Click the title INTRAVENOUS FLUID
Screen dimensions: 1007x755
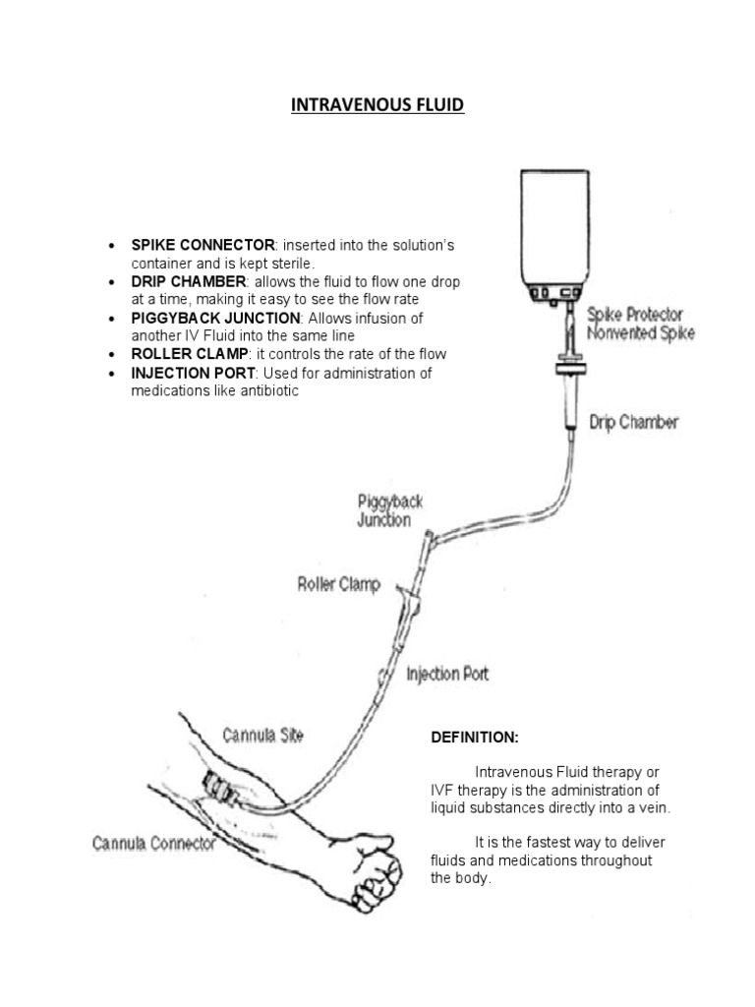[x=377, y=104]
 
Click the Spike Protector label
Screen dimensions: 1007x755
[x=634, y=315]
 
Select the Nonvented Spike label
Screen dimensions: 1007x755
[x=640, y=333]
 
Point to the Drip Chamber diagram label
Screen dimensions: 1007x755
[x=633, y=423]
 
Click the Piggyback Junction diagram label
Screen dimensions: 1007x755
[x=390, y=510]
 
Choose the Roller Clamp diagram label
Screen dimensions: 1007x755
[x=338, y=583]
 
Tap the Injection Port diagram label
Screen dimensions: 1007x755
[x=447, y=674]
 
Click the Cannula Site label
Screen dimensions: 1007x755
[x=262, y=735]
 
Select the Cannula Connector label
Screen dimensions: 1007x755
[x=154, y=843]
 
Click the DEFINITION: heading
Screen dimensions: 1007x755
[x=475, y=738]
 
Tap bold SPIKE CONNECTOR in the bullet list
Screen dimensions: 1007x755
[x=203, y=245]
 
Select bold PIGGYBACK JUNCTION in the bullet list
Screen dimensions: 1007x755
[x=215, y=319]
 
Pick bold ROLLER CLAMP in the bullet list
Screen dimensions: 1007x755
[x=190, y=354]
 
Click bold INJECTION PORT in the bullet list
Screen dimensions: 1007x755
[x=193, y=374]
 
